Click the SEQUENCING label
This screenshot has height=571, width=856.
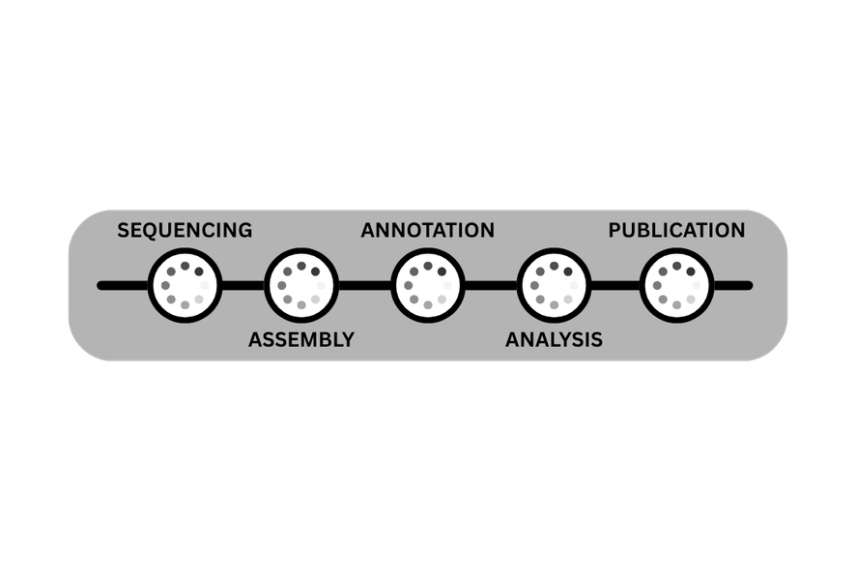185,230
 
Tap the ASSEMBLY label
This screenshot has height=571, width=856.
301,340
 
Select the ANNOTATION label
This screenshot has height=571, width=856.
428,230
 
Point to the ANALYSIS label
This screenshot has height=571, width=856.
555,340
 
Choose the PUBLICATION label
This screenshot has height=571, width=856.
677,230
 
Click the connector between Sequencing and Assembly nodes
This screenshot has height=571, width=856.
243,286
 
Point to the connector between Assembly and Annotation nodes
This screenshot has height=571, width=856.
364,286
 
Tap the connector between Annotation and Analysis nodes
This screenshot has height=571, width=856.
492,286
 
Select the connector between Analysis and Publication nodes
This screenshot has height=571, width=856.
615,286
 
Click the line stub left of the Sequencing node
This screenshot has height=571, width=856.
123,286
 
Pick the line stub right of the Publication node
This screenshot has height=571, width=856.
733,286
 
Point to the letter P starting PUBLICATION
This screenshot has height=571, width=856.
614,230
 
